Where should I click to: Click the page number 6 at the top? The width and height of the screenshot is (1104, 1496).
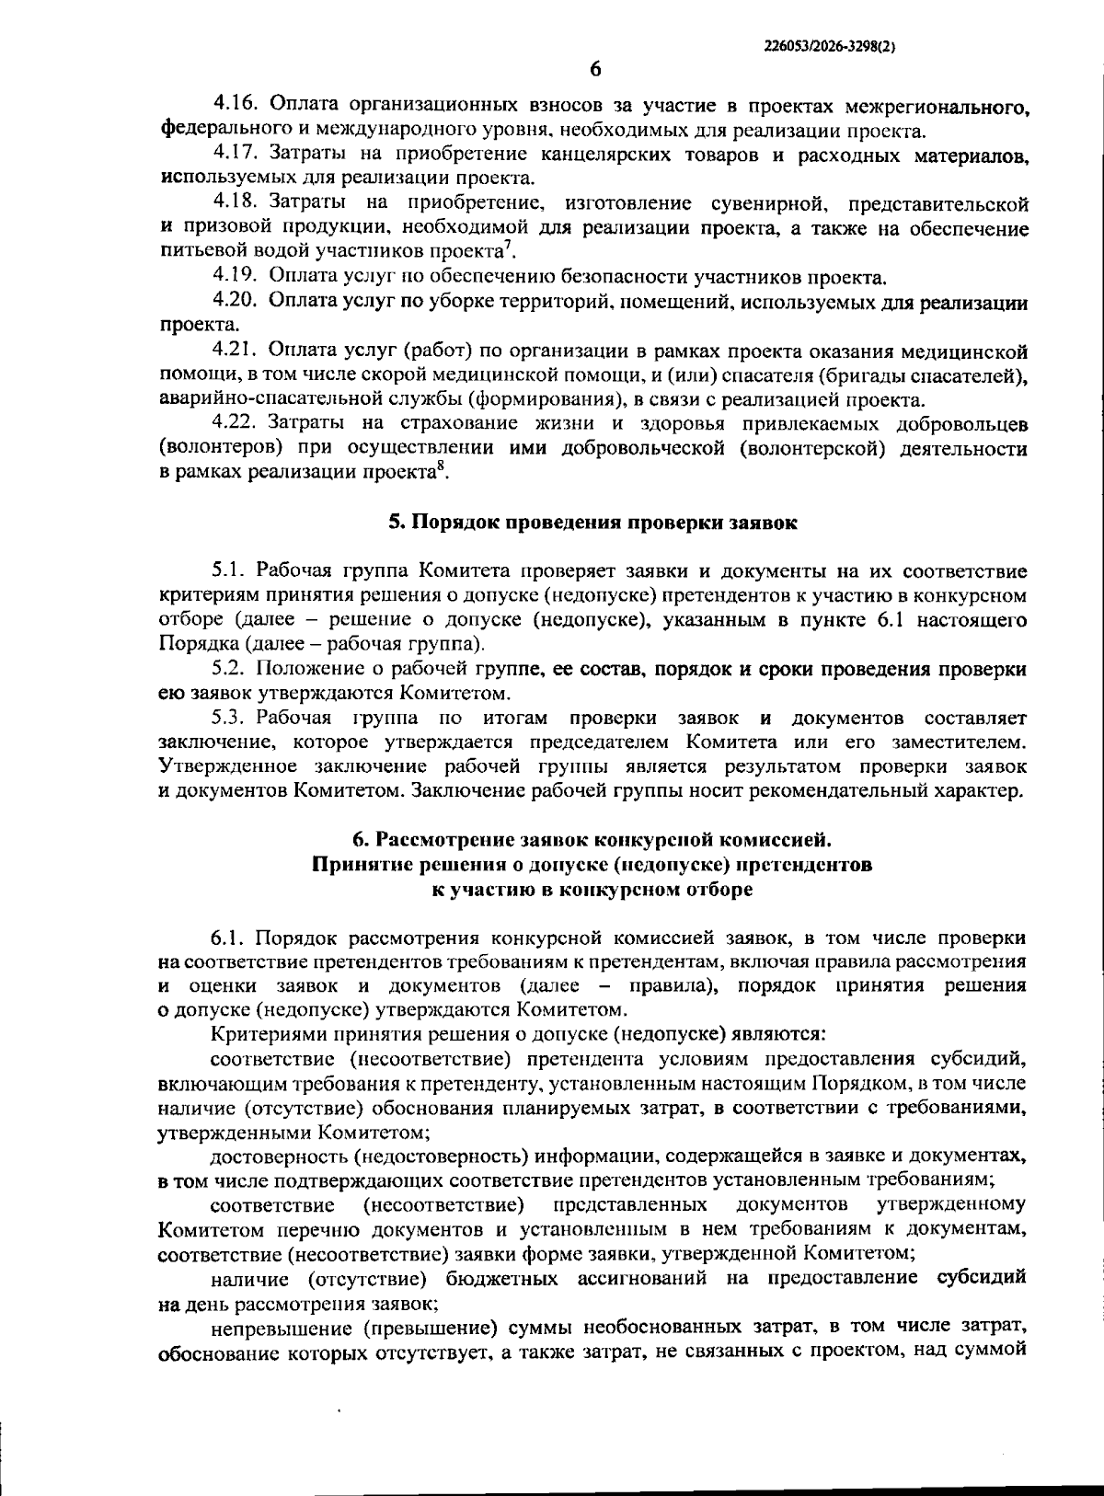[594, 69]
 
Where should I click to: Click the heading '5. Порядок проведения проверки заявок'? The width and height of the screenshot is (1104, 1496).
[592, 523]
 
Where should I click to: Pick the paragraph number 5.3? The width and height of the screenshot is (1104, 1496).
[230, 718]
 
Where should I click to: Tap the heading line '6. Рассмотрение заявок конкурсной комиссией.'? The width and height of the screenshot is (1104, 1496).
[592, 840]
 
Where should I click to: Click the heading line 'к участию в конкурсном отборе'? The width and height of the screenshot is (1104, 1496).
[592, 890]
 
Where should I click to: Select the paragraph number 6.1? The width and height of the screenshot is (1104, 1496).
[229, 938]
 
